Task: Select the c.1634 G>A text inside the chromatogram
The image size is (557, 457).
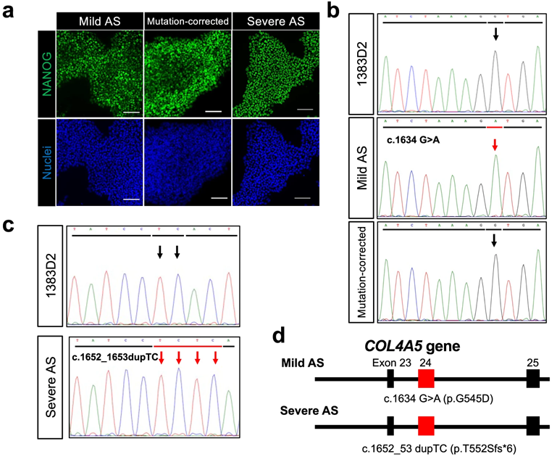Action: (418, 135)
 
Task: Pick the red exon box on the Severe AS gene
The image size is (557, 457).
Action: (426, 426)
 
